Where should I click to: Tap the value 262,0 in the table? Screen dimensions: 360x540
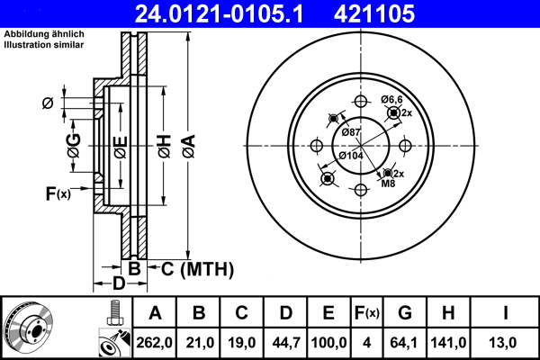click(x=155, y=342)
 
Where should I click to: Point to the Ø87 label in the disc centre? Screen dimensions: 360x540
click(x=352, y=133)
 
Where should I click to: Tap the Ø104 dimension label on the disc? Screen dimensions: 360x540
click(x=350, y=156)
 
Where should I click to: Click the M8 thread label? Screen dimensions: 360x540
click(x=388, y=184)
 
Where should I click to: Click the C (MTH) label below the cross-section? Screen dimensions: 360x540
click(x=191, y=268)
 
